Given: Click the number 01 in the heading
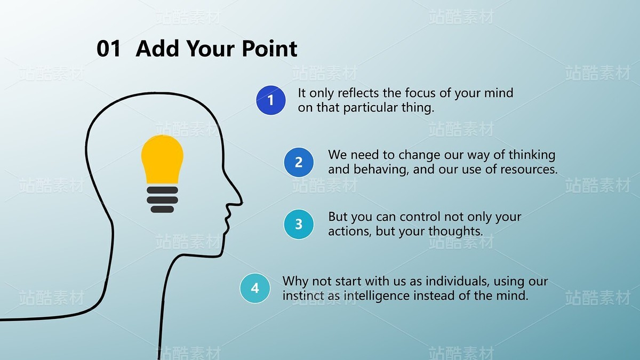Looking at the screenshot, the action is (x=108, y=49).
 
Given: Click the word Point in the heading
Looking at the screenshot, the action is (x=270, y=49).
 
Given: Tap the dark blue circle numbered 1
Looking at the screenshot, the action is (x=270, y=100).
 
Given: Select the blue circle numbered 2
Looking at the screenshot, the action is (x=299, y=162).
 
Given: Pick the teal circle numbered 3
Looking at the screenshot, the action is (x=299, y=225).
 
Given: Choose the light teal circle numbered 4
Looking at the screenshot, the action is (x=255, y=288).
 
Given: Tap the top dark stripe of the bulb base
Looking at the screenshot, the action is (x=162, y=190).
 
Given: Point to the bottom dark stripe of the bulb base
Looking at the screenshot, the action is (x=162, y=210).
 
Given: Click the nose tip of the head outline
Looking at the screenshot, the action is (x=242, y=203).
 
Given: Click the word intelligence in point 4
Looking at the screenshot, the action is (x=377, y=296).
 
